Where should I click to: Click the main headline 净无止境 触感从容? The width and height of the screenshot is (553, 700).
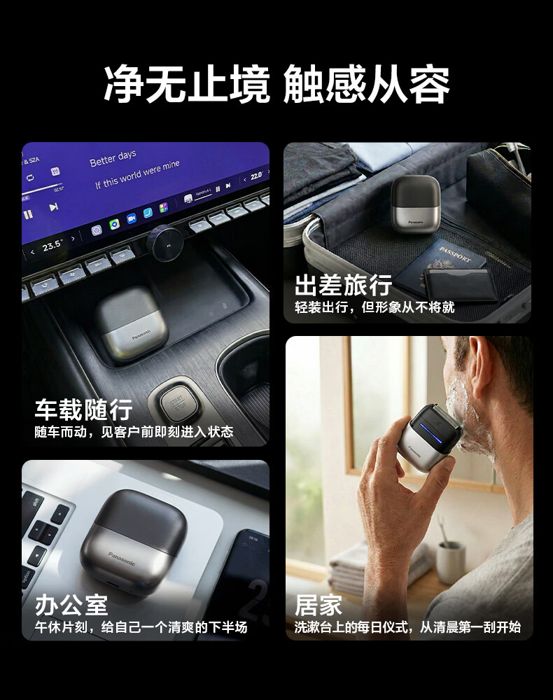click(276, 85)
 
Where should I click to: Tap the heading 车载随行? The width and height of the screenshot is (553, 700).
click(83, 409)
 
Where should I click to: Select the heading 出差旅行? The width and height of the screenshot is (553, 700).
click(343, 286)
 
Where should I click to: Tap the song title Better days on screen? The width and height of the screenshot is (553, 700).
click(113, 158)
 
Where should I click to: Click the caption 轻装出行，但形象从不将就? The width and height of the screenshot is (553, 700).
click(374, 307)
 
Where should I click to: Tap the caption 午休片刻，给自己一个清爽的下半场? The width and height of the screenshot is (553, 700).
click(141, 627)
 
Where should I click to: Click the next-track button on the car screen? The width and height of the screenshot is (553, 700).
click(53, 207)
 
